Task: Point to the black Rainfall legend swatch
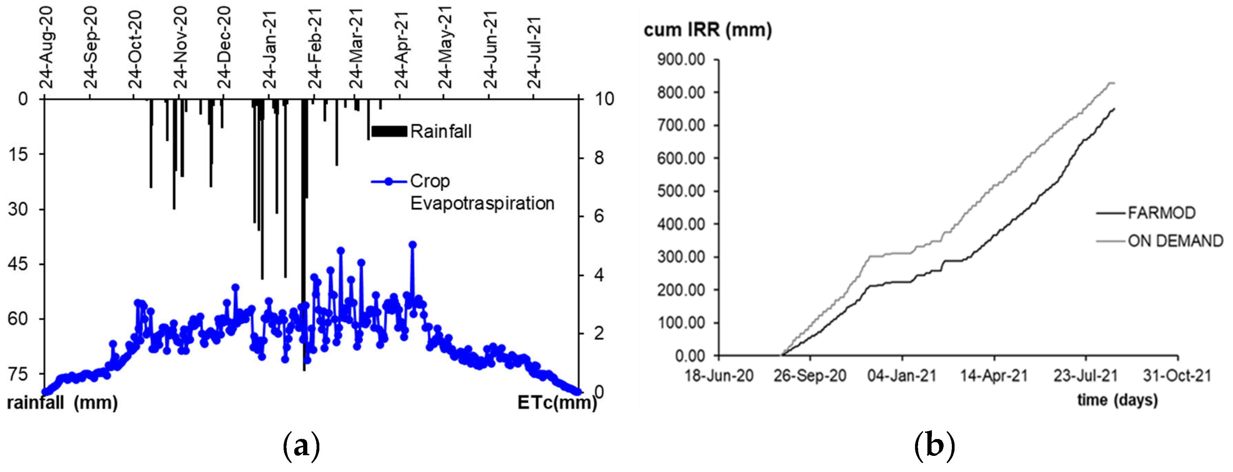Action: [389, 131]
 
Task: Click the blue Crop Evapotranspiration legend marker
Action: [389, 181]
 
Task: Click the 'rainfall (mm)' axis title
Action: [62, 403]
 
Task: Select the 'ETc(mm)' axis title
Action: [557, 403]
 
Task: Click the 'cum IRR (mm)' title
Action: [707, 30]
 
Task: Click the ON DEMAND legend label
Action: [1175, 241]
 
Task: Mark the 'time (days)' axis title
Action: [1117, 400]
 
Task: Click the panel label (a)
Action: [301, 446]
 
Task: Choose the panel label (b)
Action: [934, 446]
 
